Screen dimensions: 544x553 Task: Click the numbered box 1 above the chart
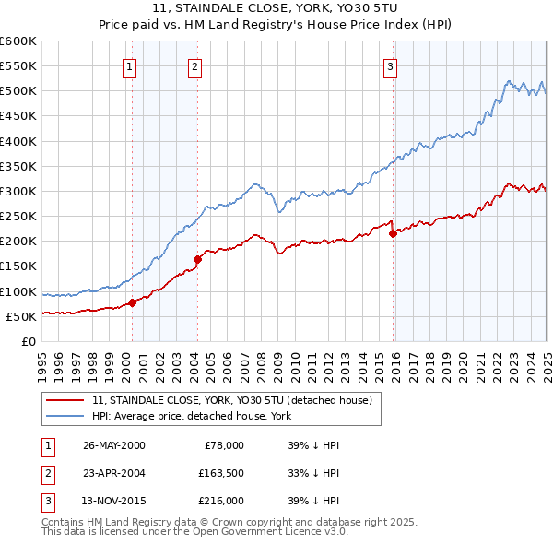pos(130,66)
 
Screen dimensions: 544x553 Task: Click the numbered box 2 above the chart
pos(195,66)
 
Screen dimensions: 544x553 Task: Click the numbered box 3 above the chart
pos(391,66)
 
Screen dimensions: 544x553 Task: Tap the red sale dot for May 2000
pos(132,302)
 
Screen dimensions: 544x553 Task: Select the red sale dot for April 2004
pos(197,259)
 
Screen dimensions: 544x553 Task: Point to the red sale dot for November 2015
pos(393,233)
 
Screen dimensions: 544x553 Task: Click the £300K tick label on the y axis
pos(18,192)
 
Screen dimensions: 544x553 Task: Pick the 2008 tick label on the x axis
pos(261,359)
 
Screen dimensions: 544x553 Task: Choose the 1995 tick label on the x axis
pos(42,359)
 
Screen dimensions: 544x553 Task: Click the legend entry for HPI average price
pos(192,416)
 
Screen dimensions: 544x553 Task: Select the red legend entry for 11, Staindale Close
pos(231,400)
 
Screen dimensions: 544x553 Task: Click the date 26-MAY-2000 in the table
pos(113,444)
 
